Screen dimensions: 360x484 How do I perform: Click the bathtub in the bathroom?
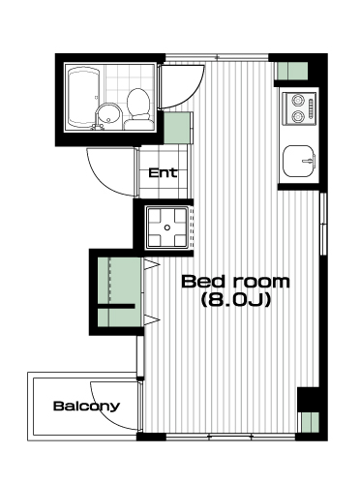83,98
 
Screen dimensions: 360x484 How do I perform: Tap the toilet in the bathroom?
138,109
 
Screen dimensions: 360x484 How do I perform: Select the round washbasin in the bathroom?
108,115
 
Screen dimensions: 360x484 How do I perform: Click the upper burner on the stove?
297,101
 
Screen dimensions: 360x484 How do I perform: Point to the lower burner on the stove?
297,116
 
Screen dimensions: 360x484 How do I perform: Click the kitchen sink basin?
298,161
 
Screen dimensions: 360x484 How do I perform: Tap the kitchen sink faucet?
309,160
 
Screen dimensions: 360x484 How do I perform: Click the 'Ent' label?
163,173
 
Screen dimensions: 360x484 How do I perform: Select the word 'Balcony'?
86,407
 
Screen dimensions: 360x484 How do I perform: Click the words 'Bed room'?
236,282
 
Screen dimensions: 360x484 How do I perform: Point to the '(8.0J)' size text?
235,300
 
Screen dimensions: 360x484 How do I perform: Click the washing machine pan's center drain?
167,227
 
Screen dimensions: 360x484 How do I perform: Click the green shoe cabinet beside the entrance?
177,128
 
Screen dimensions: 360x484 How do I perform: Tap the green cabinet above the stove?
293,71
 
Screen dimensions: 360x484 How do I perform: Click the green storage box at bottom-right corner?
311,422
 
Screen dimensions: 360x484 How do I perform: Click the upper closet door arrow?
152,264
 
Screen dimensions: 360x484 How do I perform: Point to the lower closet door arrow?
152,320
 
